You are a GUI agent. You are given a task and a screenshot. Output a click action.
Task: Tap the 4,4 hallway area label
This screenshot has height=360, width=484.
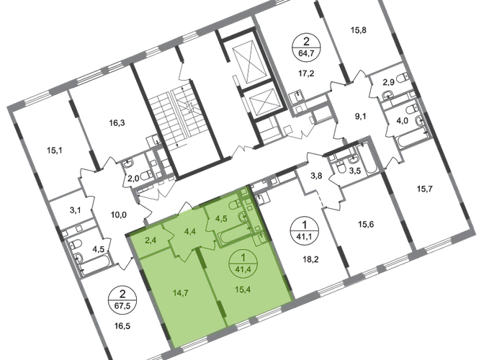pos(191,231)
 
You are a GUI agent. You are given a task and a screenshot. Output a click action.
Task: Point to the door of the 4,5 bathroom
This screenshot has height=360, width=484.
pos(211,225)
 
